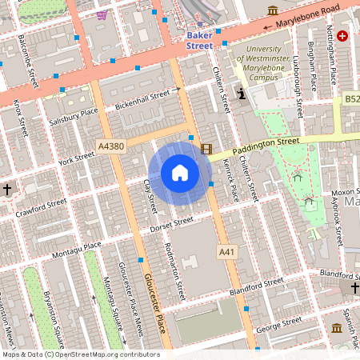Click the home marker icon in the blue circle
pos(179,173)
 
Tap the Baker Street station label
pos(199,41)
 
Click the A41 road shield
pos(227,252)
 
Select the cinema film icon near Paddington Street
pos(207,148)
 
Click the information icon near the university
pos(241,94)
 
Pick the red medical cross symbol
pos(342,36)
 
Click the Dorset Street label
pos(172,224)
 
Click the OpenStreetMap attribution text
pos(80,354)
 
